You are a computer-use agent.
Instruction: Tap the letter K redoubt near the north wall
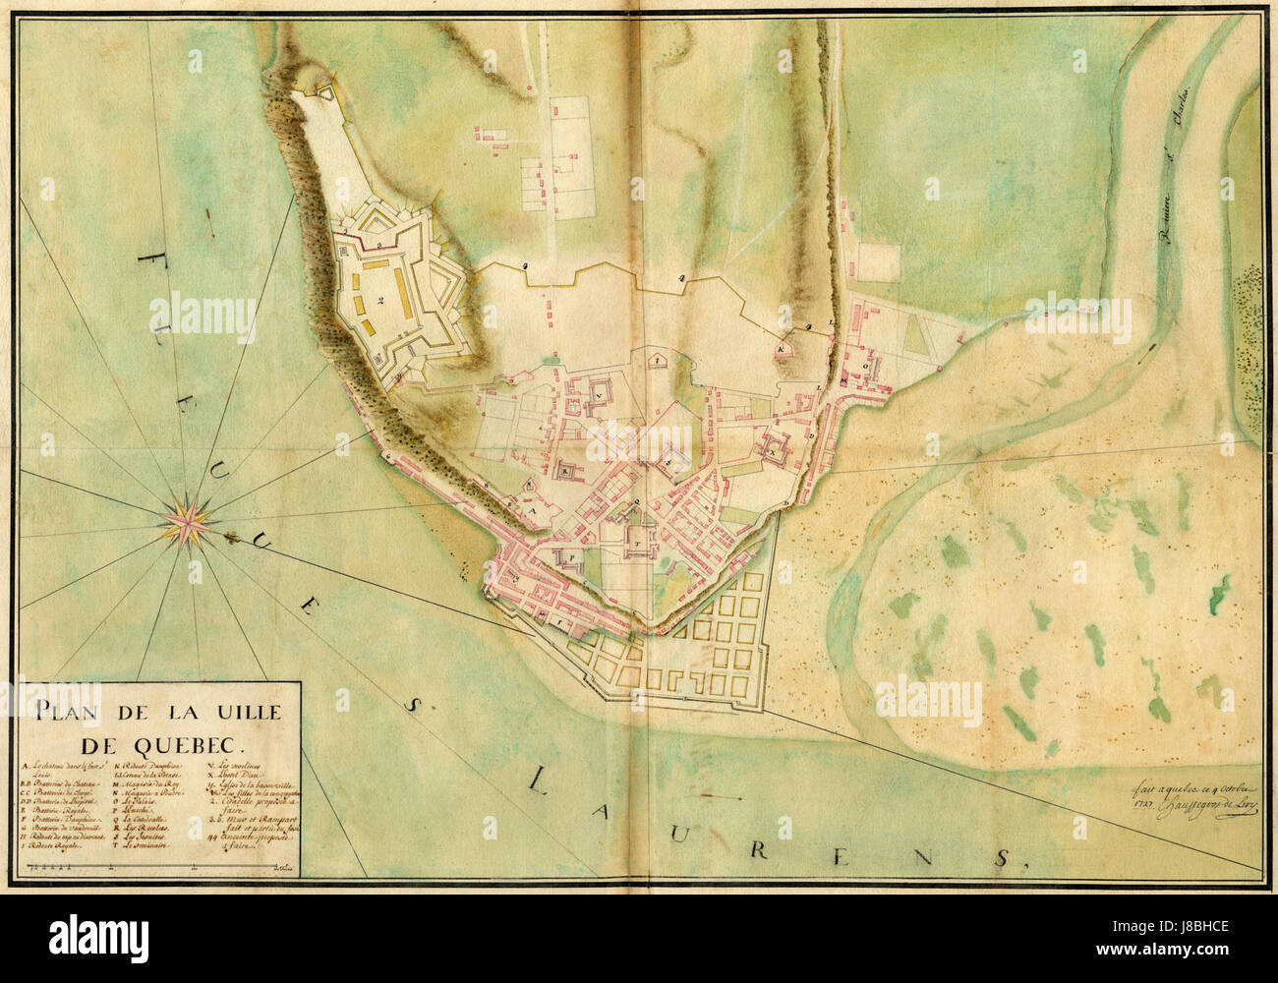pos(783,348)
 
